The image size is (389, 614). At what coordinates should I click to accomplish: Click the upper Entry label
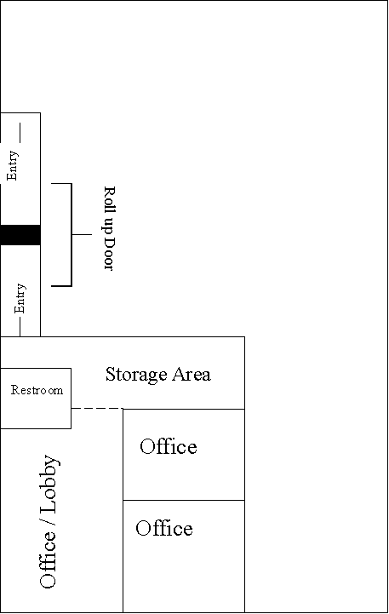12,166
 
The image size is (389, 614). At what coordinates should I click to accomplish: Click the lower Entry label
20,298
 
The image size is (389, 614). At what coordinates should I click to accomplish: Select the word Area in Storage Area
192,374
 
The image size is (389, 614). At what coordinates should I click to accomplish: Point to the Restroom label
37,390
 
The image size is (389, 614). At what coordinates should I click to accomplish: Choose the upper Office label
169,446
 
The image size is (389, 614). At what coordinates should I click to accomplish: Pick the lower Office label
164,528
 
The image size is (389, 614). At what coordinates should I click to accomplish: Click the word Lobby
49,484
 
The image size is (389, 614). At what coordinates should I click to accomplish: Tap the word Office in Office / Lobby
48,559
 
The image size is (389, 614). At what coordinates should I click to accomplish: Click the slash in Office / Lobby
48,522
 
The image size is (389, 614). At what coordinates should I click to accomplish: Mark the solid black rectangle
20,235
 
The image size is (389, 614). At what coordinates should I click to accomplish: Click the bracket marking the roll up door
72,234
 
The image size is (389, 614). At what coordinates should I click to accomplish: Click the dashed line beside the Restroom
97,409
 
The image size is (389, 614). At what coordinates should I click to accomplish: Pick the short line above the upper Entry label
20,132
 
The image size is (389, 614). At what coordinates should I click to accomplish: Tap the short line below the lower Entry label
20,327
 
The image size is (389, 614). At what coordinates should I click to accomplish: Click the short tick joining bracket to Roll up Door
82,234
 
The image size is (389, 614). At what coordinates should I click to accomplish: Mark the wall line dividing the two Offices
184,500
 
